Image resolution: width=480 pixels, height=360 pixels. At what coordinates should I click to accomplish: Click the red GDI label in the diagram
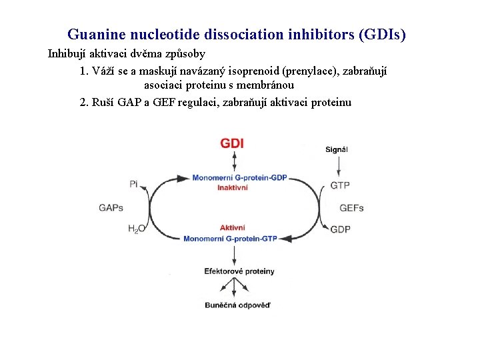coord(233,143)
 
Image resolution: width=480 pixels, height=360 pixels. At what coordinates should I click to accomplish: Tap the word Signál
coord(337,149)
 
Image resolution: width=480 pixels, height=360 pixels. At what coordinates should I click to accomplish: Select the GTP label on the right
coord(340,185)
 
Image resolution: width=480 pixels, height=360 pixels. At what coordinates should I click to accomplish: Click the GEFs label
coord(351,208)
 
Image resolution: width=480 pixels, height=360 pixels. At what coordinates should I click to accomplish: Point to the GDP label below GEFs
coord(340,229)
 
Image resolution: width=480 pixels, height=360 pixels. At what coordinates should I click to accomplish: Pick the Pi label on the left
coord(133,184)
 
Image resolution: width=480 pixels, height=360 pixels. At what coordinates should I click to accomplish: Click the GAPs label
coord(111,207)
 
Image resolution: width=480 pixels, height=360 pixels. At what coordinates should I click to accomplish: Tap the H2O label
coord(136,229)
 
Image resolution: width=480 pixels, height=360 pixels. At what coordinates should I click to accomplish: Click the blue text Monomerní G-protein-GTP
coord(230,238)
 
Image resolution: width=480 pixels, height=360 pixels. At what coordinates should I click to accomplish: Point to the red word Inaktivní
coord(233,187)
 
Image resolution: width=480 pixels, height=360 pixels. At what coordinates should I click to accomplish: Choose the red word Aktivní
coord(233,228)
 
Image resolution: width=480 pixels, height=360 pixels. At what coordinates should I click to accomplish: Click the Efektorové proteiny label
coord(239,271)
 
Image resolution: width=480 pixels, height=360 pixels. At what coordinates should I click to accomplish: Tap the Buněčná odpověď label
coord(238,305)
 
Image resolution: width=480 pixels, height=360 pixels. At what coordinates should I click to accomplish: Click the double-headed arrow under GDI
coord(233,161)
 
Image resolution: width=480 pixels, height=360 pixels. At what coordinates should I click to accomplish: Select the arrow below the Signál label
coord(337,164)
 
